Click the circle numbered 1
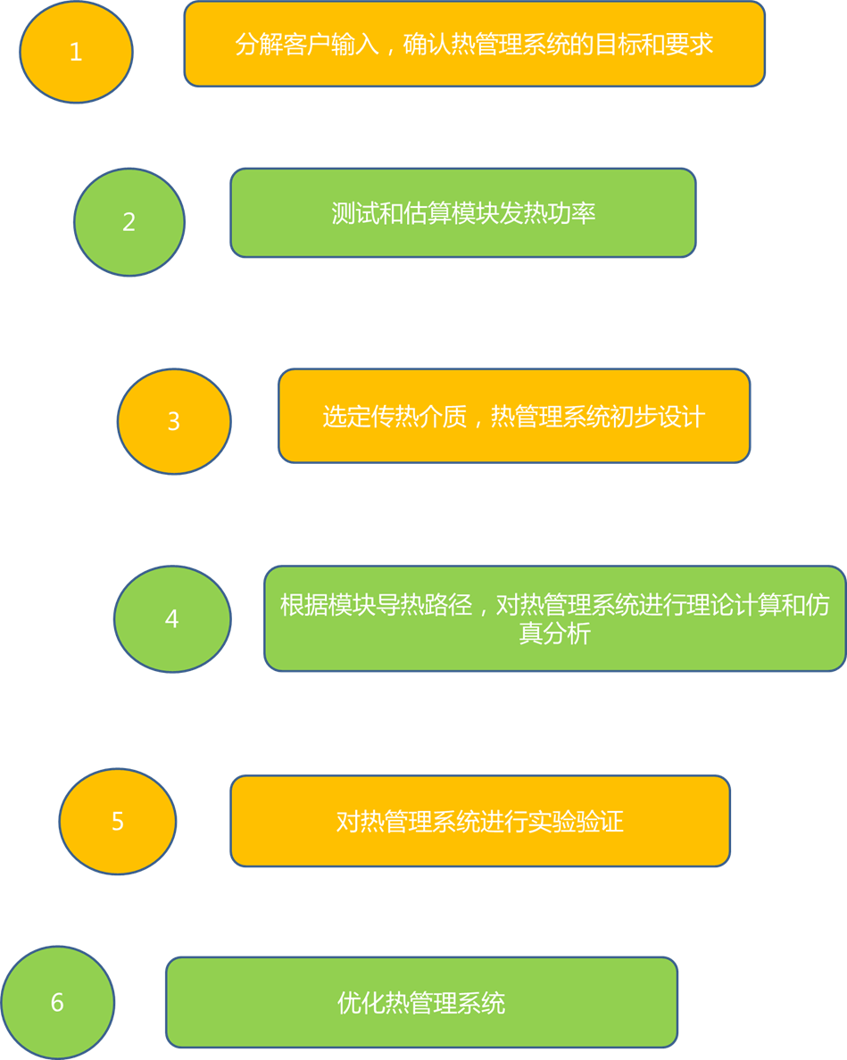76,52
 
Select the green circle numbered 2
129,221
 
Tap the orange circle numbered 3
174,421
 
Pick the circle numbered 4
172,618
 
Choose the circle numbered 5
118,821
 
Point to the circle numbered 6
58,1002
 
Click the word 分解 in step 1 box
259,45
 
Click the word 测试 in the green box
355,214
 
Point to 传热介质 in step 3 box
419,417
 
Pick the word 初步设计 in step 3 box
658,417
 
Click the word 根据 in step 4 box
304,606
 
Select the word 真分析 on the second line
555,634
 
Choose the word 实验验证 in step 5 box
576,821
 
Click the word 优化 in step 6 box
361,1003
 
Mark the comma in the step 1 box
387,50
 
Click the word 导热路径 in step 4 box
424,606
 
